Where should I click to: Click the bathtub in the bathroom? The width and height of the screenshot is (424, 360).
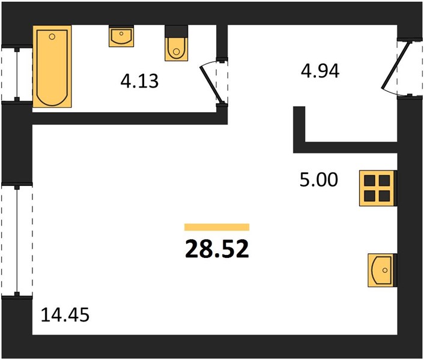(52, 67)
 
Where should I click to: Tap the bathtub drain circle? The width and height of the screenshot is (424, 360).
(52, 37)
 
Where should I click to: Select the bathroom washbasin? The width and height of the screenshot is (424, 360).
(121, 37)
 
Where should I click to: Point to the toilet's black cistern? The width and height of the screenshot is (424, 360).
(177, 32)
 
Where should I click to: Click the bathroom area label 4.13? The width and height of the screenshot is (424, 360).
(139, 81)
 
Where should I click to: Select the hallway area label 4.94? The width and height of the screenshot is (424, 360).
(320, 71)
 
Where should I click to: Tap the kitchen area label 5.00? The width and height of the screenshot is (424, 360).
(319, 180)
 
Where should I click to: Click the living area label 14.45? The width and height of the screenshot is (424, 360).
(65, 315)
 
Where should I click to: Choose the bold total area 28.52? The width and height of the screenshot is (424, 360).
(217, 249)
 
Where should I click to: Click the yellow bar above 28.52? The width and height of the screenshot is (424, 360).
(217, 227)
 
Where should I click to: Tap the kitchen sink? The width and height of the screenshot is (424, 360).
(382, 270)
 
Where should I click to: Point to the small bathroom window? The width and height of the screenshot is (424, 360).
(17, 74)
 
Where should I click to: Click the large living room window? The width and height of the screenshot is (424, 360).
(17, 240)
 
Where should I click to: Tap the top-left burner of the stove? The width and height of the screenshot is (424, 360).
(369, 181)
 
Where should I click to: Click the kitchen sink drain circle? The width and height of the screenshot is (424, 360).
(385, 270)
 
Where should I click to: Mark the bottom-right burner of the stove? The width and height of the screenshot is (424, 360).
(384, 196)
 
